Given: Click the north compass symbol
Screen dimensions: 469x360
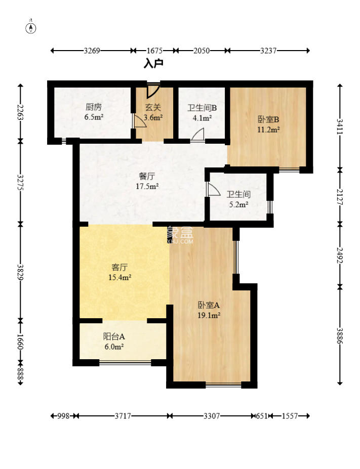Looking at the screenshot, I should pyautogui.click(x=31, y=27).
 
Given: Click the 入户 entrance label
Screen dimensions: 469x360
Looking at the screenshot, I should pyautogui.click(x=153, y=64).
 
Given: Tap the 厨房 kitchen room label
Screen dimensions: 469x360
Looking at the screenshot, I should pyautogui.click(x=94, y=112).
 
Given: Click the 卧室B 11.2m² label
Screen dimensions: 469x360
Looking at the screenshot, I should pyautogui.click(x=268, y=124).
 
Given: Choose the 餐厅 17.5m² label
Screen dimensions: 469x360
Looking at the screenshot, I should pyautogui.click(x=147, y=181).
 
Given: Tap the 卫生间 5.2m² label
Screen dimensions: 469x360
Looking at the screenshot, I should pyautogui.click(x=238, y=199).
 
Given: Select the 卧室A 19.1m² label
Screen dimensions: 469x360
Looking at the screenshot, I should pyautogui.click(x=208, y=310).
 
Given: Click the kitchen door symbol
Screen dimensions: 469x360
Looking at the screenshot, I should pyautogui.click(x=137, y=121).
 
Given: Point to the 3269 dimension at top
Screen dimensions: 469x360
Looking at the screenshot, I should pyautogui.click(x=92, y=51).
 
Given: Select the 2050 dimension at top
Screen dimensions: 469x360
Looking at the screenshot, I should pyautogui.click(x=201, y=51).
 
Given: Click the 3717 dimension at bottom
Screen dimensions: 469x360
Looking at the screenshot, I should pyautogui.click(x=123, y=416).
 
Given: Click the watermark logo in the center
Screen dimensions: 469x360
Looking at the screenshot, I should pyautogui.click(x=180, y=235).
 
